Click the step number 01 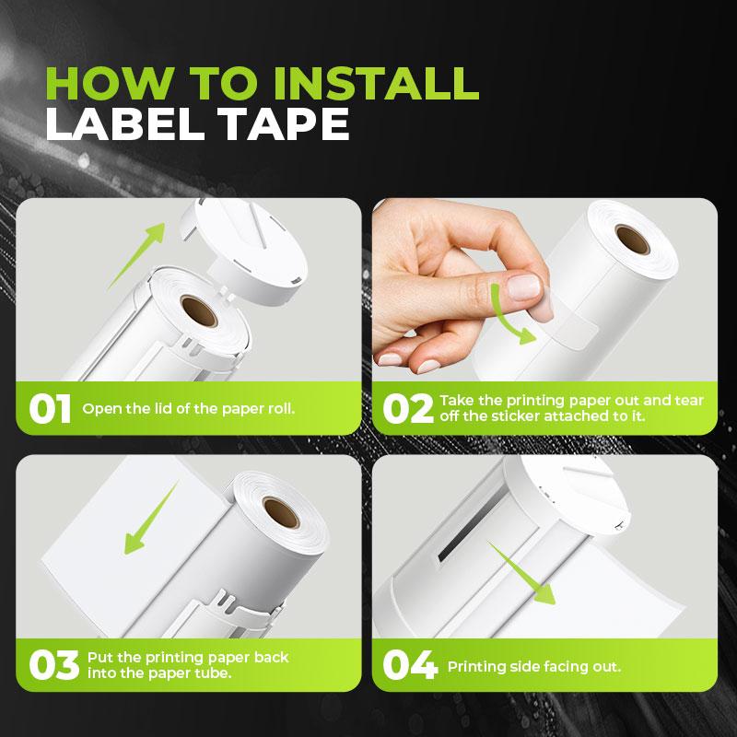pos(50,409)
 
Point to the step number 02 pos(407,409)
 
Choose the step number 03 pos(52,665)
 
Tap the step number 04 pos(409,665)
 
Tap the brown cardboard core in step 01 pos(198,312)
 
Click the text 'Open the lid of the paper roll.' pos(189,408)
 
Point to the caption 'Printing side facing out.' pos(533,666)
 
